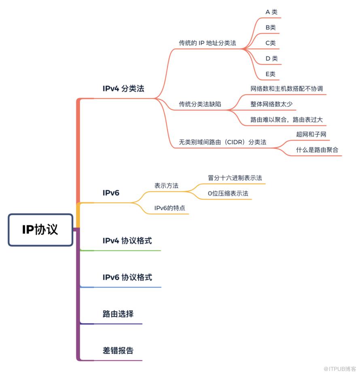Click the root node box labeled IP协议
pos(40,230)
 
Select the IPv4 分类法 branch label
pos(123,89)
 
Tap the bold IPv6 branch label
pos(111,193)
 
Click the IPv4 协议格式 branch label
pos(127,241)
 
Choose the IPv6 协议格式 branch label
pos(127,277)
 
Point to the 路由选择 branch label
pos(118,314)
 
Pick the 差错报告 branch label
pos(118,350)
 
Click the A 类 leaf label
pos(271,12)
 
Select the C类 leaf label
pos(271,43)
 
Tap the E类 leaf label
pos(271,74)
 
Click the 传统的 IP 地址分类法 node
pos(208,43)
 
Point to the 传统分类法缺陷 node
pos(200,104)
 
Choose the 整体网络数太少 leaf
pos(271,104)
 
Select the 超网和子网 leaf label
pos(311,134)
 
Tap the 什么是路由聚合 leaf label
pos(317,150)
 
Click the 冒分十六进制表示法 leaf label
pos(235,178)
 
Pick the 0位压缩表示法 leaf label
pos(228,193)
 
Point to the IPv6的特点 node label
pos(169,208)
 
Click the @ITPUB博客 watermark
pos(340,369)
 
